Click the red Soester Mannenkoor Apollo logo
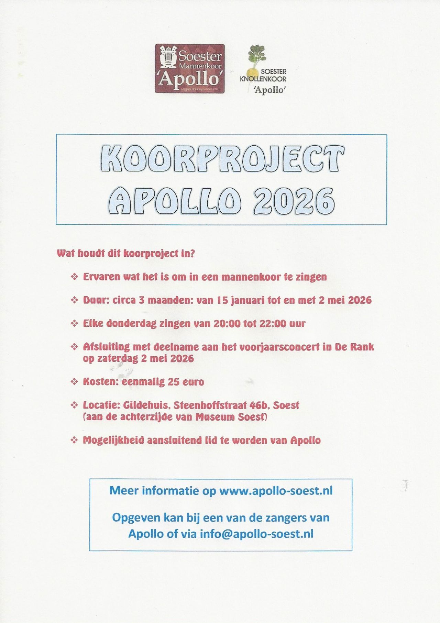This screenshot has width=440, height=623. tap(190, 68)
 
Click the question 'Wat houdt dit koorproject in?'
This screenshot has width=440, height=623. tap(126, 254)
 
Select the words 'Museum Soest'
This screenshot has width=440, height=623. tap(231, 417)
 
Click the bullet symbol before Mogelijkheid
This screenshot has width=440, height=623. tap(74, 440)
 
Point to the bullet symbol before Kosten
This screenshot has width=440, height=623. tap(74, 382)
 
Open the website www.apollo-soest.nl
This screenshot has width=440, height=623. tap(276, 490)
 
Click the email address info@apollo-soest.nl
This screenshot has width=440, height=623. tap(256, 534)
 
